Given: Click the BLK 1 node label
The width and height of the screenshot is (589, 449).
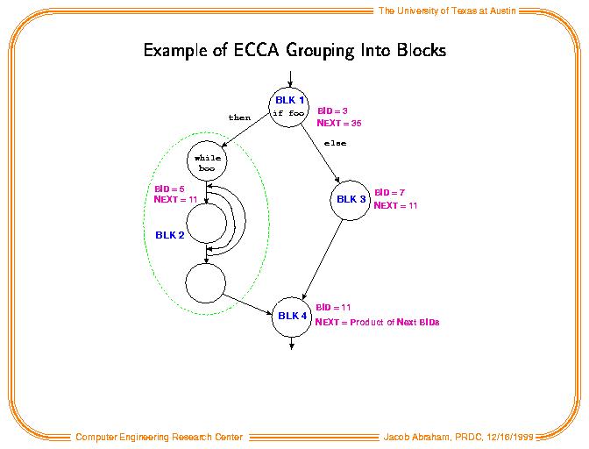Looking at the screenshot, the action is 289,100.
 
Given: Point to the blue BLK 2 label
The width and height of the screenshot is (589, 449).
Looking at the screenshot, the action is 170,235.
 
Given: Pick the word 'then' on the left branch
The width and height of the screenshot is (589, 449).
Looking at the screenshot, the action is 239,118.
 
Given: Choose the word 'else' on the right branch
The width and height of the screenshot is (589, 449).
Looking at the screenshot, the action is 335,143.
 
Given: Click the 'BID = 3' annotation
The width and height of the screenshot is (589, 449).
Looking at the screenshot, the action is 332,110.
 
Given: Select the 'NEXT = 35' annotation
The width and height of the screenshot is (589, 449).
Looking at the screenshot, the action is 339,124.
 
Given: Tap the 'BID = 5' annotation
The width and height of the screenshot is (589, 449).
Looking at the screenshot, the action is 169,189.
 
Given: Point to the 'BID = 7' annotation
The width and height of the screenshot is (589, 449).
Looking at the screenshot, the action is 389,193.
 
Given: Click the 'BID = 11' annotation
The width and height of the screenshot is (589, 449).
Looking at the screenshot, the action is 333,307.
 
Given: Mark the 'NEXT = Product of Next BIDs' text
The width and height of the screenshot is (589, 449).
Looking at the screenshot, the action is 377,322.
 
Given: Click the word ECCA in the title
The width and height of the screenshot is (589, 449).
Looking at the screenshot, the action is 256,50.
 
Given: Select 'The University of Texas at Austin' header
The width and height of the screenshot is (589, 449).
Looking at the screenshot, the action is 447,11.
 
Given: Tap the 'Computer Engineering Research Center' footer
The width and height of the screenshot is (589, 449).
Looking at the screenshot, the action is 160,437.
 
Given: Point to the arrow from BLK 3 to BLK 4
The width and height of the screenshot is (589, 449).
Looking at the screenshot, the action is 323,260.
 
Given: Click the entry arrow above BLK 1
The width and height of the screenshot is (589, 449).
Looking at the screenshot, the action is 290,79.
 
